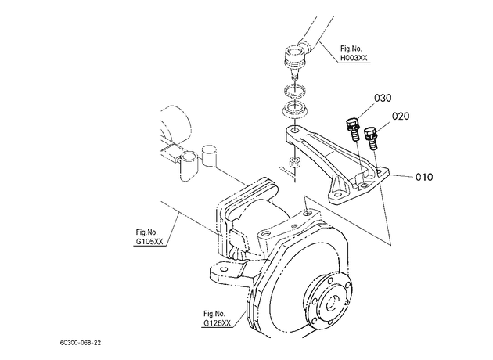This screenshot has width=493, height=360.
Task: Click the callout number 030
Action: click(383, 98)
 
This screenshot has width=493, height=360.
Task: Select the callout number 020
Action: click(401, 117)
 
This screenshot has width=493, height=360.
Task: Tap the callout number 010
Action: click(424, 177)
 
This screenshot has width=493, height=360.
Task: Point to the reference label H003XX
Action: click(354, 58)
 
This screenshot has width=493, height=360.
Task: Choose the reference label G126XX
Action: click(218, 323)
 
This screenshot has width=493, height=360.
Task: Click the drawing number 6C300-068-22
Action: click(81, 343)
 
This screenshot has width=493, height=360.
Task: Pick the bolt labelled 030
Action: click(352, 129)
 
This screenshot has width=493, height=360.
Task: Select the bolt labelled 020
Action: click(371, 138)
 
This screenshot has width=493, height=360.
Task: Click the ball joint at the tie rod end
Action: click(296, 59)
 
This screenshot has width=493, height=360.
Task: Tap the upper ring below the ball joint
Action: click(295, 92)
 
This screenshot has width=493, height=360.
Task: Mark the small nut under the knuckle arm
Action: click(294, 162)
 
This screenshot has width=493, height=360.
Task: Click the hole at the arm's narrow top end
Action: click(294, 130)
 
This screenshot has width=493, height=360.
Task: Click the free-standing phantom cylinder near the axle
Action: click(209, 155)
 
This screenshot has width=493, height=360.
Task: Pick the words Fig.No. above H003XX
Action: click(351, 49)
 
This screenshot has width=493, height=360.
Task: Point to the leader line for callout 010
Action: click(401, 176)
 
